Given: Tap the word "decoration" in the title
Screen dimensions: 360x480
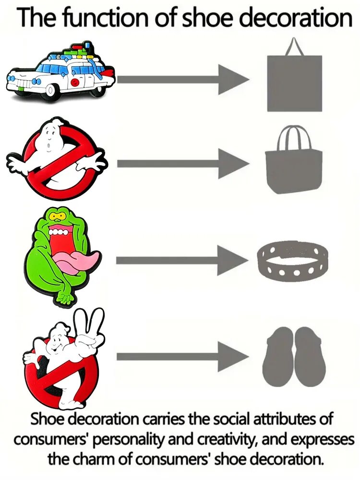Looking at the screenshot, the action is [x=296, y=17].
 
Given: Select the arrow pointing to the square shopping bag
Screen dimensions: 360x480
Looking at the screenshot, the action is [x=183, y=80].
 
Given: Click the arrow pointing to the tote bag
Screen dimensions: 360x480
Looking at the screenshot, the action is [x=183, y=164].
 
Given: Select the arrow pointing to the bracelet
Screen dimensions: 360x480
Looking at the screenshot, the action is [x=182, y=261].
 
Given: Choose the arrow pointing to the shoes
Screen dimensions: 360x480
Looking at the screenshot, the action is [x=182, y=357].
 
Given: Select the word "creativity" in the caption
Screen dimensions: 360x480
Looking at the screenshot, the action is [x=224, y=440].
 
